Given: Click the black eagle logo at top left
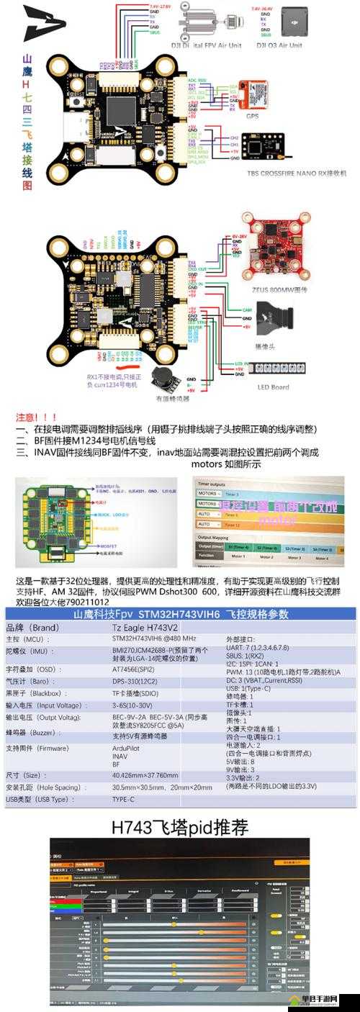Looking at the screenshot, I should [42, 24].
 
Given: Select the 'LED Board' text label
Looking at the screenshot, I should [274, 387].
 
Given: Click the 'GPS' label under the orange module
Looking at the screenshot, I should [253, 115].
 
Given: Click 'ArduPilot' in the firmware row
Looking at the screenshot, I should [129, 749].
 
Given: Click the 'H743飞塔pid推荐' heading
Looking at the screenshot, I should [179, 828].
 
